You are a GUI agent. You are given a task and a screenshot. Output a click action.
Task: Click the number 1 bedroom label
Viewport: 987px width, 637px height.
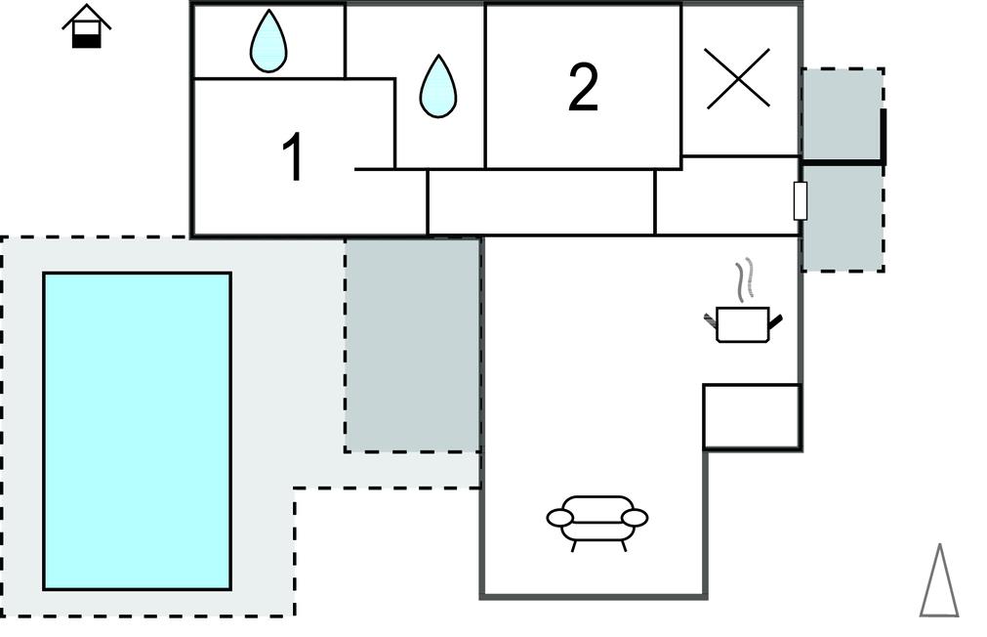292,158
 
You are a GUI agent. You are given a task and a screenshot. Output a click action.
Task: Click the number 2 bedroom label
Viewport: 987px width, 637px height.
583,88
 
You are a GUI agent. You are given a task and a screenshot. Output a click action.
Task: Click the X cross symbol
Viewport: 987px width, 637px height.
738,77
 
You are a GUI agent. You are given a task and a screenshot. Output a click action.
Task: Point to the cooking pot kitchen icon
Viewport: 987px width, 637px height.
743,323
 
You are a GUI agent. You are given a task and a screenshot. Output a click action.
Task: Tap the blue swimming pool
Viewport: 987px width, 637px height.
138,431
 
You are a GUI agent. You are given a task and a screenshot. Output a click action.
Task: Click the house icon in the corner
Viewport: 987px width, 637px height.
87,26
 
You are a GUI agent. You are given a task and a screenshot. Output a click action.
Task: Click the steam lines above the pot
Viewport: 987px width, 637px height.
747,279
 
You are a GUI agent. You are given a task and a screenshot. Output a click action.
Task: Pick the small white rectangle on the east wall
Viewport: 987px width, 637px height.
801,201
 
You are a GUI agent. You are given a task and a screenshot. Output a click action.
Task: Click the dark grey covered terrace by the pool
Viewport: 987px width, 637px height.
413,345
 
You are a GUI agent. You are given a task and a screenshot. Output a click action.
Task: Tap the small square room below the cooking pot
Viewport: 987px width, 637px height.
752,416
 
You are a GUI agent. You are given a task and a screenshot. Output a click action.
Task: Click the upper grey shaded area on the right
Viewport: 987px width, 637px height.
841,112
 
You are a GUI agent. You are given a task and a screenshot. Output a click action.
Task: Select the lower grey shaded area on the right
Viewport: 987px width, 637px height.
843,217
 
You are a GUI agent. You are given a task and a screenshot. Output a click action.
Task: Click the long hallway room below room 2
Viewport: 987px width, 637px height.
541,202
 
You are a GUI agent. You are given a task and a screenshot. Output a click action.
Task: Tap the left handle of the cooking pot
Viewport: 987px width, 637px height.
711,318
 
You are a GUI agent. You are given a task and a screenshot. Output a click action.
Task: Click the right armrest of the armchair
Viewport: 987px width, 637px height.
636,517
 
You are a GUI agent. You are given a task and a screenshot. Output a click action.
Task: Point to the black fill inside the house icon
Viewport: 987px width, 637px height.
87,39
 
